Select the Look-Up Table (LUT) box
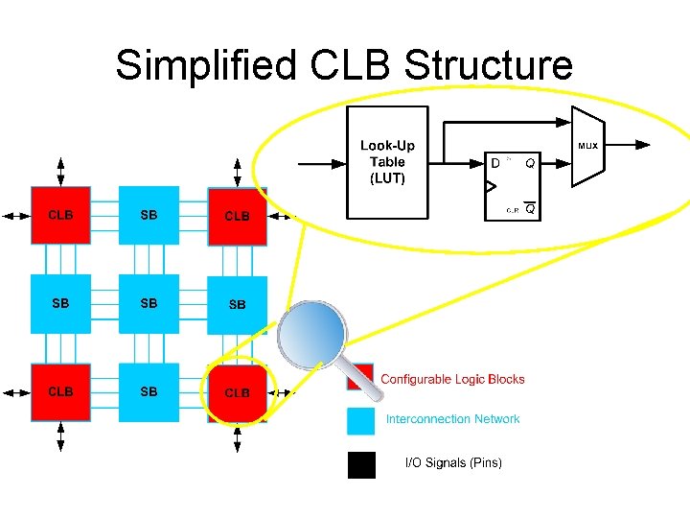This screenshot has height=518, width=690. pyautogui.click(x=386, y=161)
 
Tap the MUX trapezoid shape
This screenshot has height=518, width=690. pyautogui.click(x=586, y=147)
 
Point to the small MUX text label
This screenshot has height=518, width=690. pyautogui.click(x=586, y=147)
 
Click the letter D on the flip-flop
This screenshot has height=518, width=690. pyautogui.click(x=495, y=163)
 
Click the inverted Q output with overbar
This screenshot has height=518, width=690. pyautogui.click(x=529, y=208)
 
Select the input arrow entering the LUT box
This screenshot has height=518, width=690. pyautogui.click(x=321, y=162)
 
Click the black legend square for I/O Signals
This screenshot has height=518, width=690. pyautogui.click(x=361, y=464)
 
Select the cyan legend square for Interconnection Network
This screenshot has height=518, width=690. pyautogui.click(x=361, y=420)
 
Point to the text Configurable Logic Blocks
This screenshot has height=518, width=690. pyautogui.click(x=452, y=379)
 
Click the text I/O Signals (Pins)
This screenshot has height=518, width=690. pyautogui.click(x=453, y=463)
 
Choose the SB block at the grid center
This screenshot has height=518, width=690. pyautogui.click(x=149, y=304)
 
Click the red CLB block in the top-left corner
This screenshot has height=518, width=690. pyautogui.click(x=60, y=216)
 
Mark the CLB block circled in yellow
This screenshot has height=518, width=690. pyautogui.click(x=237, y=392)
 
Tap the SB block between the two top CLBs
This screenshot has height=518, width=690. pyautogui.click(x=149, y=216)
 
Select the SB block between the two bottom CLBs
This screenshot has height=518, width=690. pyautogui.click(x=149, y=392)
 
